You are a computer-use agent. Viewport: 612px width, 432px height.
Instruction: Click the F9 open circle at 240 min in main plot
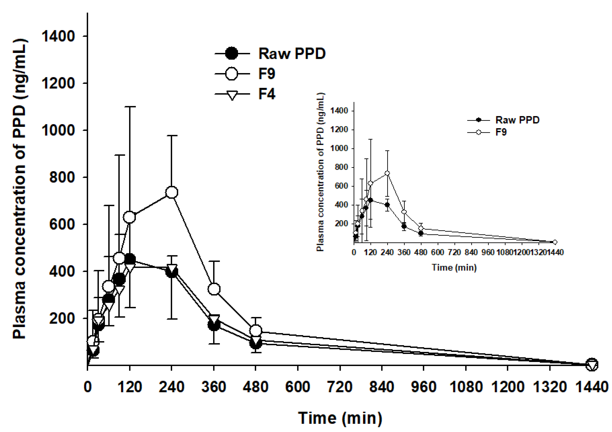tap(172, 192)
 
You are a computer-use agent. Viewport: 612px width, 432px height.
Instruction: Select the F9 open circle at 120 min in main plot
tap(129, 217)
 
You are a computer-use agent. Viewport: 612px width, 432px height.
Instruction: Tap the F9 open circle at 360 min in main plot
tap(214, 289)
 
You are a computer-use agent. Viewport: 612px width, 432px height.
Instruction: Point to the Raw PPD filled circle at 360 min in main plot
tap(214, 325)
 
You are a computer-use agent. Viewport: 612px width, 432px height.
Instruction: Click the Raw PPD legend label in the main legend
tap(292, 54)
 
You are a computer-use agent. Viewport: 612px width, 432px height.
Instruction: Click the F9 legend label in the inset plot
tap(501, 132)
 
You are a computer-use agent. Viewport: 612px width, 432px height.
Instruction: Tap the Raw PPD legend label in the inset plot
tap(517, 120)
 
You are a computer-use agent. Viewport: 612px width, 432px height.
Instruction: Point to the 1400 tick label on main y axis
tap(58, 36)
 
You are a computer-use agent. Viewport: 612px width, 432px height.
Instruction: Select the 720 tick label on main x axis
tap(340, 387)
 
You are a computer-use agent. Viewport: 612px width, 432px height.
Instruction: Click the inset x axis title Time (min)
tap(454, 267)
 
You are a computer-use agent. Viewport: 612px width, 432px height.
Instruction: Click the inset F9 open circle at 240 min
tap(387, 173)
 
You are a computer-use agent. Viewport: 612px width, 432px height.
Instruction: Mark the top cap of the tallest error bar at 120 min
tap(129, 107)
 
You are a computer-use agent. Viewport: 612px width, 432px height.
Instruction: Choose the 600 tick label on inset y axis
tap(341, 186)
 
